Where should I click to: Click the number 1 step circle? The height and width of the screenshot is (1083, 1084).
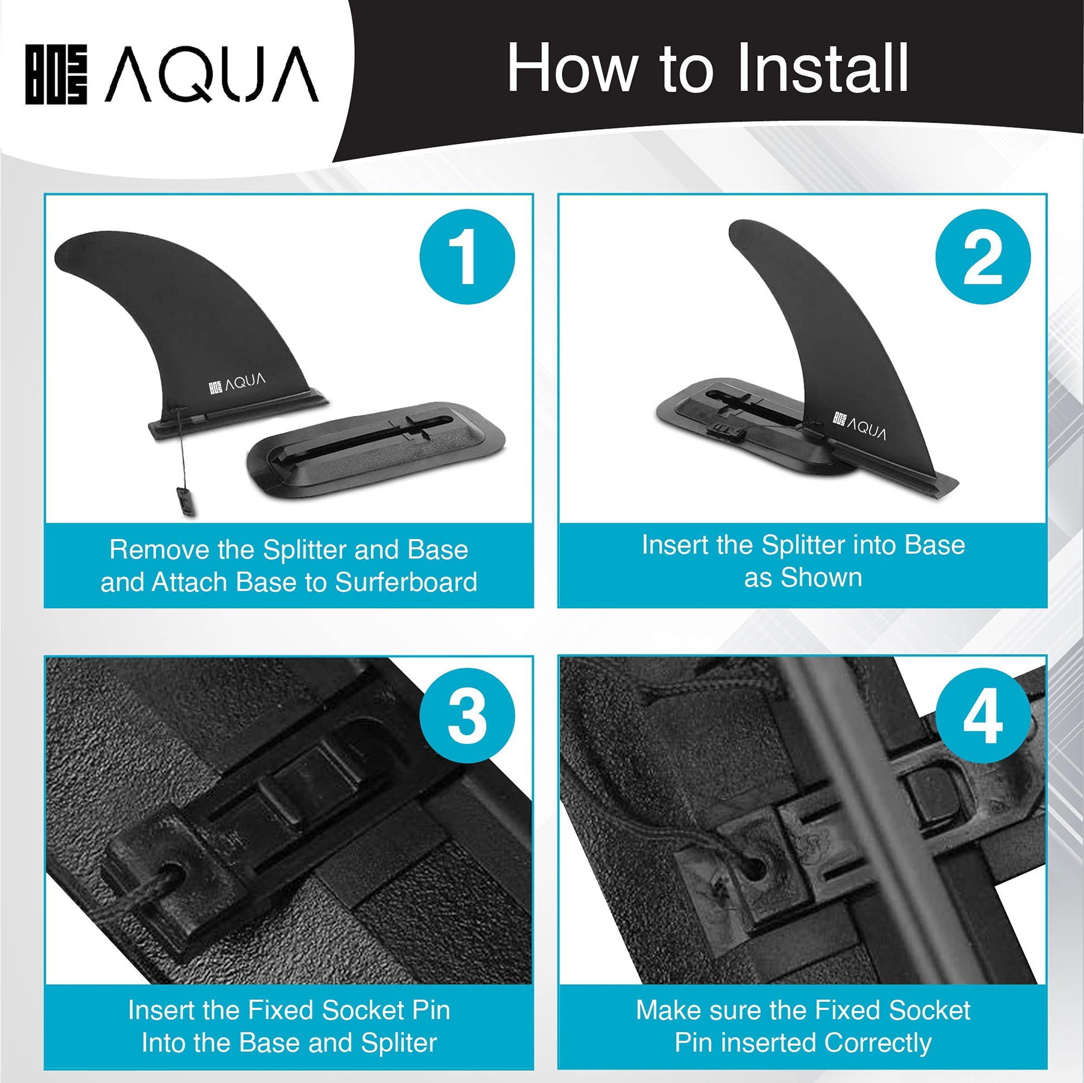coord(467,257)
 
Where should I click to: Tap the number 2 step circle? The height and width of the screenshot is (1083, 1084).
coord(983,257)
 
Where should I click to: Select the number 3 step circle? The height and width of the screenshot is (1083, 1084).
coord(467,716)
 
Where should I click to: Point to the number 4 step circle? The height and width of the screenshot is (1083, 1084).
coord(983,716)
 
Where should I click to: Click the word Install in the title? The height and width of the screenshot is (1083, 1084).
coord(822,68)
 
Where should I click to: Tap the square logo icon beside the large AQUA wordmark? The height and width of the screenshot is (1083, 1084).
coord(56,75)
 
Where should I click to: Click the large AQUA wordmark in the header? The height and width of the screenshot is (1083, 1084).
coord(212,75)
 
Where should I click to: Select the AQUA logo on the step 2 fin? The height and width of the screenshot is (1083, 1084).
coord(860,427)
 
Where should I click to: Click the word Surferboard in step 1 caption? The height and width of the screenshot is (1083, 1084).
coord(406,582)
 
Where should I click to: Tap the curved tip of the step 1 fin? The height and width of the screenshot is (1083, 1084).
coord(60,255)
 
